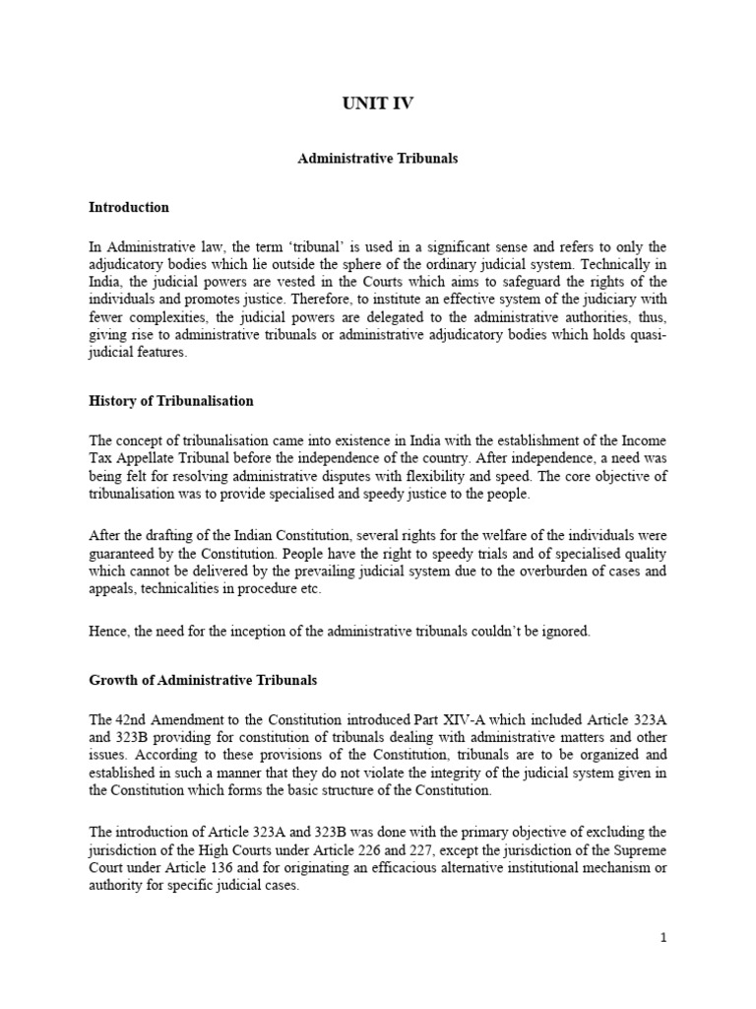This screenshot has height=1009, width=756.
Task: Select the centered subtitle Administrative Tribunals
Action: pyautogui.click(x=378, y=159)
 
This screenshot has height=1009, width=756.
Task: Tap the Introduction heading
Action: pyautogui.click(x=129, y=208)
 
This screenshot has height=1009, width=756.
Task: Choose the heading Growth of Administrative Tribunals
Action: pyautogui.click(x=203, y=681)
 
